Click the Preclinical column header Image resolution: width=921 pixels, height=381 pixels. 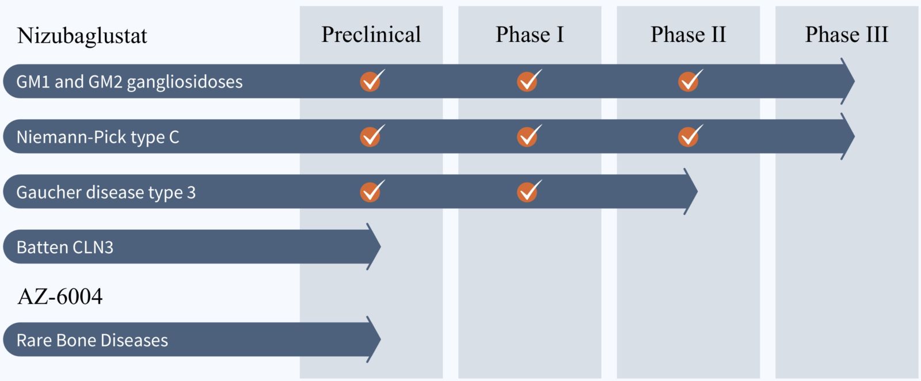[x=371, y=34]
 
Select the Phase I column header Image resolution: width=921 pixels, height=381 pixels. [x=530, y=34]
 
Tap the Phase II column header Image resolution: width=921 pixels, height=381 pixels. [x=688, y=34]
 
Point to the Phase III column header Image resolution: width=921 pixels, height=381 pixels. [x=847, y=34]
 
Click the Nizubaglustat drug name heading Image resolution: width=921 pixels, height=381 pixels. [x=82, y=36]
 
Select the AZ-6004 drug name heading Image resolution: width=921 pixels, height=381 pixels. [x=60, y=296]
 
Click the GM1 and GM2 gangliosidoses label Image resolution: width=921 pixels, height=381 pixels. [x=130, y=82]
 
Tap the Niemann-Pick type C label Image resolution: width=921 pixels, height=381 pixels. [x=98, y=137]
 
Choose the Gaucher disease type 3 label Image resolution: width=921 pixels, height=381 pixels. [x=106, y=192]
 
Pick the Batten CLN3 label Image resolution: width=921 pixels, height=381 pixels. [x=65, y=247]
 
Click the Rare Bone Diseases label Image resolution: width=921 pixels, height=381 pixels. [x=93, y=340]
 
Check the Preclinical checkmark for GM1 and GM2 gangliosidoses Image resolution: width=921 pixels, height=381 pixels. [x=372, y=81]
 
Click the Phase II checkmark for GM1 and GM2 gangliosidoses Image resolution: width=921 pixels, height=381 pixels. [x=690, y=81]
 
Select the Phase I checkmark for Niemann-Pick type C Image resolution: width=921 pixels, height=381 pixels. [x=529, y=136]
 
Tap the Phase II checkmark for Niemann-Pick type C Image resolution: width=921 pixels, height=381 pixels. [x=690, y=136]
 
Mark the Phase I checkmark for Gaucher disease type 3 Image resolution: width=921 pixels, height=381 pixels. [x=529, y=191]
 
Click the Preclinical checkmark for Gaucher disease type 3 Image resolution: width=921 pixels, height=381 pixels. [x=372, y=191]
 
